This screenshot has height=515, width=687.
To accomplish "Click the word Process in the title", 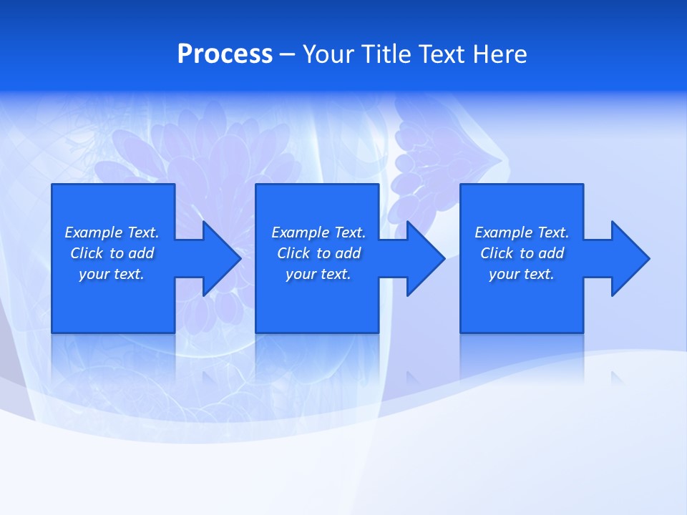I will click(x=225, y=54).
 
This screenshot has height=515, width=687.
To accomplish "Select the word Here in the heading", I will click(x=499, y=54).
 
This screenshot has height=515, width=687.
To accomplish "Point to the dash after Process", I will click(x=287, y=55).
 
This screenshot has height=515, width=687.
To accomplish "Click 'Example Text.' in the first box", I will click(x=112, y=232).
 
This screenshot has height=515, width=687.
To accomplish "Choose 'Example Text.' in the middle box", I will click(x=318, y=232).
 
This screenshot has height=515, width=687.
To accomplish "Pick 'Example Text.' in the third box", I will click(x=522, y=232).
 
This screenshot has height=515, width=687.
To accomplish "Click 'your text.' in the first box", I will click(x=112, y=274).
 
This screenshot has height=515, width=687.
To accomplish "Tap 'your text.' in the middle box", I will click(x=318, y=274).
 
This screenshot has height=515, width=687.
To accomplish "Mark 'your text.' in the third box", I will click(x=522, y=274).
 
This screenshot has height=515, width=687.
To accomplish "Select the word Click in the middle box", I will click(x=293, y=253).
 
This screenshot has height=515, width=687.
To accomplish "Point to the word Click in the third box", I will click(x=497, y=253).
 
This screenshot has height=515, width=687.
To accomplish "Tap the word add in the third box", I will click(x=551, y=253).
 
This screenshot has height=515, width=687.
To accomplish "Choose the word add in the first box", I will click(x=141, y=253).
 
